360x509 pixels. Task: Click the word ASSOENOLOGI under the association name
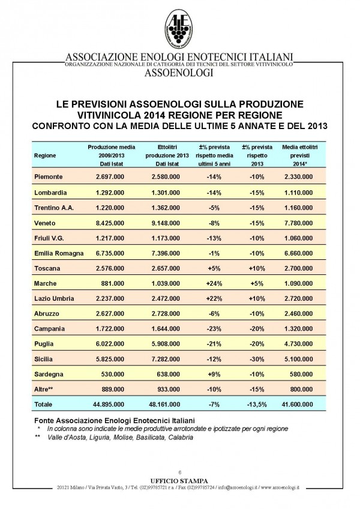point(179,73)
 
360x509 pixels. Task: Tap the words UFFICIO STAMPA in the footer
point(179,480)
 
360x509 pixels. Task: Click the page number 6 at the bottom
point(179,472)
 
